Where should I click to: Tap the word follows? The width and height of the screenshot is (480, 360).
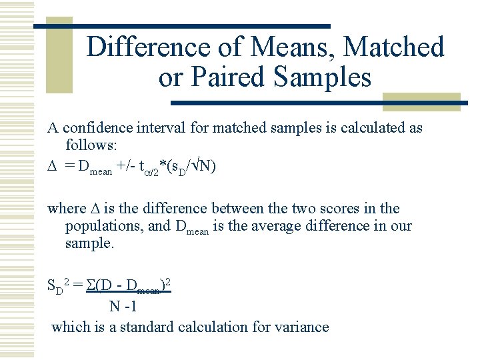coord(90,145)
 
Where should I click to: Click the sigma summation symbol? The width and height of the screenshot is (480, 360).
coord(91,287)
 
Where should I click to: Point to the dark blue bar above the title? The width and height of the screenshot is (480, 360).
coord(181,26)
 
